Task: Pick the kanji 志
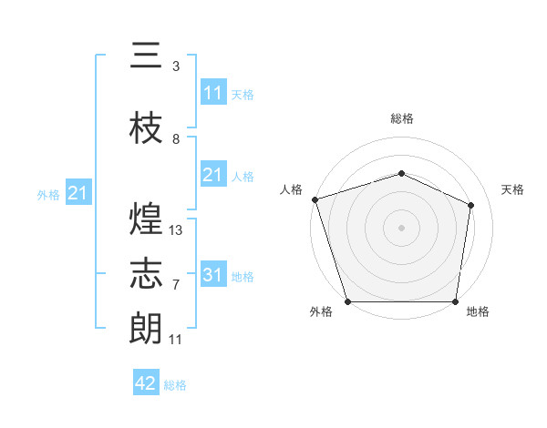146,273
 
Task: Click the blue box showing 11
213,93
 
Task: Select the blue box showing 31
213,275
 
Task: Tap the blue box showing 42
146,383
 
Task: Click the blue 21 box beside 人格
213,175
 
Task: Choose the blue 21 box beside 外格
77,193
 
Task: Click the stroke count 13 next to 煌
176,230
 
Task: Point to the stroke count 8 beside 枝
176,139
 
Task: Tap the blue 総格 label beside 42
175,385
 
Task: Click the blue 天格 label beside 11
242,94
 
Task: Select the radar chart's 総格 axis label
401,118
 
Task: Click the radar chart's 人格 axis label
292,189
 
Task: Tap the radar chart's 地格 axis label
478,312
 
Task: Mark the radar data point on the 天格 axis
471,204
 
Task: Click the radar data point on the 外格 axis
347,301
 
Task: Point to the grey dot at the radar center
401,227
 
